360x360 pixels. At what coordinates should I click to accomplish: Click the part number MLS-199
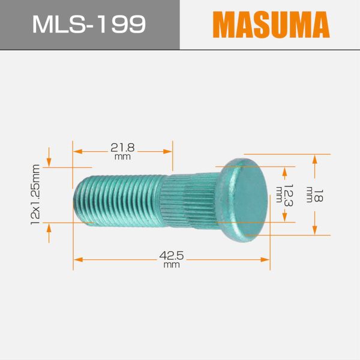88,24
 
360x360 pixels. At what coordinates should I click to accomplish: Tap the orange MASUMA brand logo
271,25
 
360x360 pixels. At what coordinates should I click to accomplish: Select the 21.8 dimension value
122,147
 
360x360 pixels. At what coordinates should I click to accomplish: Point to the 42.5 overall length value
171,256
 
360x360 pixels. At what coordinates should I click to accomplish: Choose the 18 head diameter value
319,195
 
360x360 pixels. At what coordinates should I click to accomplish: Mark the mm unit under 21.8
122,157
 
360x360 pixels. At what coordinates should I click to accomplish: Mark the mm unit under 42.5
171,265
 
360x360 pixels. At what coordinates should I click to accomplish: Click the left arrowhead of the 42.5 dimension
77,259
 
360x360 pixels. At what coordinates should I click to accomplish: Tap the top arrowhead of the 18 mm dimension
314,158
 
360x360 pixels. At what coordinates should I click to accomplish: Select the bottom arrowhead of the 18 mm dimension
314,232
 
